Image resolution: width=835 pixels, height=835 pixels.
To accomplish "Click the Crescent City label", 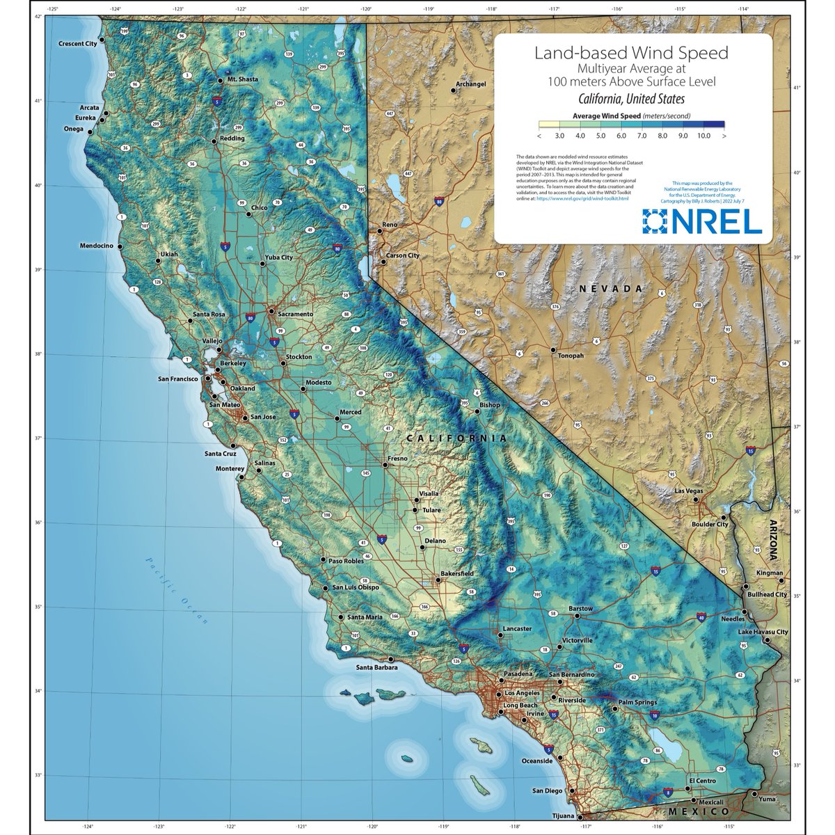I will point(76,44).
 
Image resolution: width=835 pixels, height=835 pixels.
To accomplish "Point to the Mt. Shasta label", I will point(242,79).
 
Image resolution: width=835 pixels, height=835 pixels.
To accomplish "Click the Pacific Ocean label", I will point(178,591).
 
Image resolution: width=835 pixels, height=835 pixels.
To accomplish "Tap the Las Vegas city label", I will point(689,491).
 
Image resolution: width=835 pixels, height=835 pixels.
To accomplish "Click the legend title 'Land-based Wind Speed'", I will point(630,53).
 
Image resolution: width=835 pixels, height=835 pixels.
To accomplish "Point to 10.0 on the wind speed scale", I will point(703,136).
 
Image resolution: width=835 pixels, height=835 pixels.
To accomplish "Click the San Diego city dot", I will point(570,791).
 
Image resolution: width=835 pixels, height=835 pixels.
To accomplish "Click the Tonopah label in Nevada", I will point(571,356).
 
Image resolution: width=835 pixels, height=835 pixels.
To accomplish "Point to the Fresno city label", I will point(397,459).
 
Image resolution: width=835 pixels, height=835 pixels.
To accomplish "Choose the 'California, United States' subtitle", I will point(630,99).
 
